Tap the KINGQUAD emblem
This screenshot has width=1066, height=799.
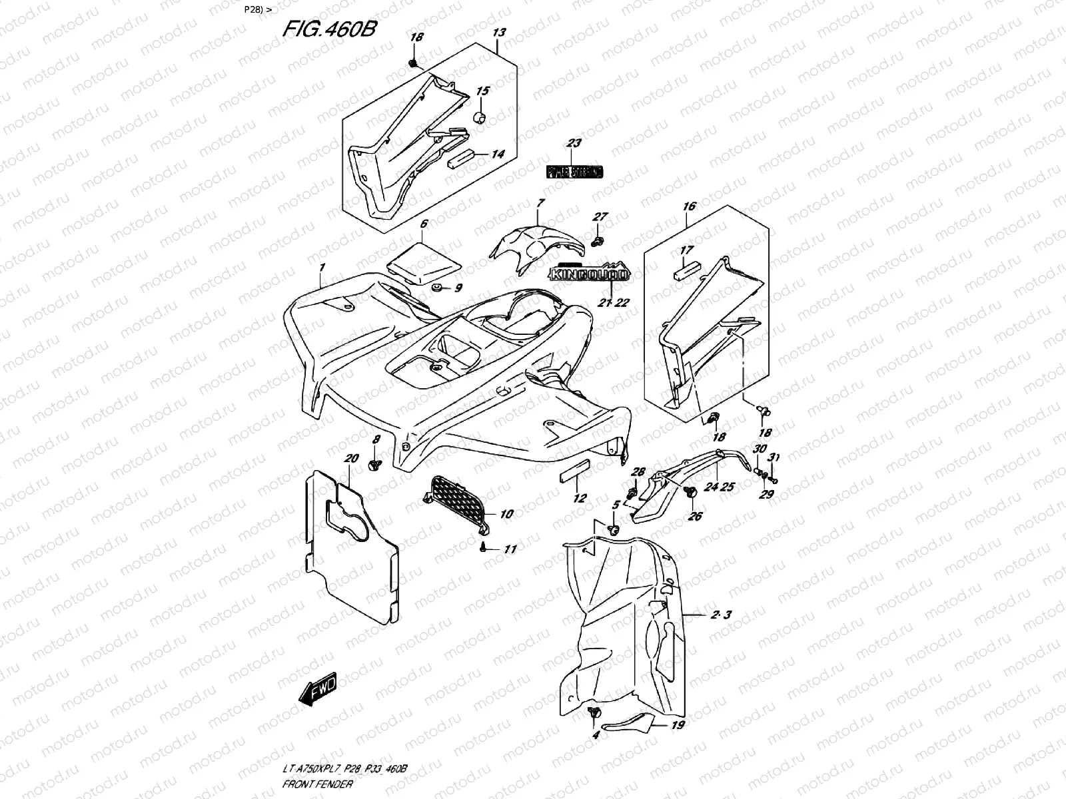coord(589,273)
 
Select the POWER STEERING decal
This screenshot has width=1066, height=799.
coord(574,172)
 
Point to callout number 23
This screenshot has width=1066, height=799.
coord(574,143)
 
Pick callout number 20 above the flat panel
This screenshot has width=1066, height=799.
coord(352,458)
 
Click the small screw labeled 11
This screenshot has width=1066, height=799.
coord(482,546)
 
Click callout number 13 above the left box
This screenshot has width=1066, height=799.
coord(499,33)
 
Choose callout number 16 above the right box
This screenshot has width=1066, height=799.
coord(689,206)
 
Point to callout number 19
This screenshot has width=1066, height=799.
coord(678,724)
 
